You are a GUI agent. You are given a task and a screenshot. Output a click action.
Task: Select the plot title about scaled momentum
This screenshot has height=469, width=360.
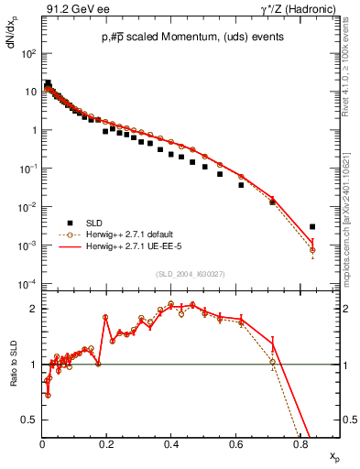(179, 37)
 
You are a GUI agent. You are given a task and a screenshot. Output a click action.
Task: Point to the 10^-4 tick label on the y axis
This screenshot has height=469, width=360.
(29, 284)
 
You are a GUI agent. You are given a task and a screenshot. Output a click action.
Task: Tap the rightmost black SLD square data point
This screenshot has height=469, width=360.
(312, 226)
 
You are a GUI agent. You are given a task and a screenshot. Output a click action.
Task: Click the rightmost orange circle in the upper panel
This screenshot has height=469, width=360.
(312, 250)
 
